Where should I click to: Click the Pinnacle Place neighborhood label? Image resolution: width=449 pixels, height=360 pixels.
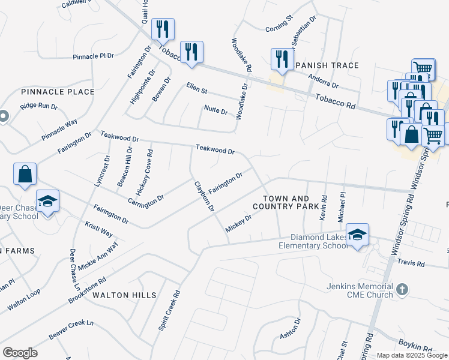[58, 92]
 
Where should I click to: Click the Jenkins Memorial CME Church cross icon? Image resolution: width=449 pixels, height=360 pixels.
[402, 290]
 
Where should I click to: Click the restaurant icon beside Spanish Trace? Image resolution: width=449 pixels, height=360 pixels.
[280, 58]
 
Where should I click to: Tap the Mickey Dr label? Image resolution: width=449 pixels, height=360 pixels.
[238, 223]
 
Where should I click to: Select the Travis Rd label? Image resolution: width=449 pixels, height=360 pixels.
[411, 263]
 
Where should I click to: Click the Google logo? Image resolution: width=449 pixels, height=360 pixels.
[20, 353]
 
